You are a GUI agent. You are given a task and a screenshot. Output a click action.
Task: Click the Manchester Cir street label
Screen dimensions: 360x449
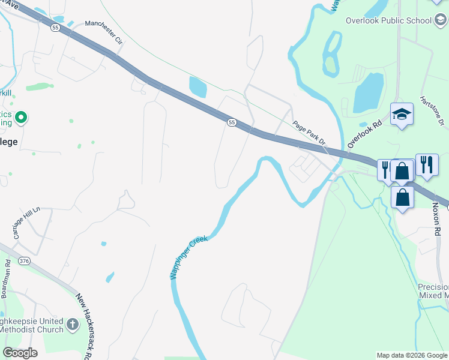tap(103, 32)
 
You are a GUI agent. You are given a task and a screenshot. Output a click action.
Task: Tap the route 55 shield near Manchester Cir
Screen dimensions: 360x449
tap(55, 28)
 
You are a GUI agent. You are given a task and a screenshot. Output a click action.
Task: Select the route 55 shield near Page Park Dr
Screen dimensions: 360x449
tap(231, 122)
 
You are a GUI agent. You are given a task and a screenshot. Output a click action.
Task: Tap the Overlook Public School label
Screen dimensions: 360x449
tap(388, 20)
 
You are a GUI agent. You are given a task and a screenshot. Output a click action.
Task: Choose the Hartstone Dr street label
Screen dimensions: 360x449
tap(432, 111)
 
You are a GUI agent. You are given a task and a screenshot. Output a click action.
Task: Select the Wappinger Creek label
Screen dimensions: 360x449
tap(187, 257)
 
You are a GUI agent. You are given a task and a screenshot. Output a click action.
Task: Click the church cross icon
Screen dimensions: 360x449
tap(72, 325)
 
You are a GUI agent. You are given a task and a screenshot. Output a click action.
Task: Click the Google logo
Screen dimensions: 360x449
tap(20, 353)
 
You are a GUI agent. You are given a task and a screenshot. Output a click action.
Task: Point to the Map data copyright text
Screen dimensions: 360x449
tap(411, 355)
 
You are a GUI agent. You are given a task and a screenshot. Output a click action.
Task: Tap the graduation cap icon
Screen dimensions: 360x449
tap(402, 113)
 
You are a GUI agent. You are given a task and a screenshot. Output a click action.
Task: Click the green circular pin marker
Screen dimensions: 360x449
tap(20, 117)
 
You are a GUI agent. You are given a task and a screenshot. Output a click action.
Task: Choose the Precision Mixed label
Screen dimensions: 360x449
tap(433, 291)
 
